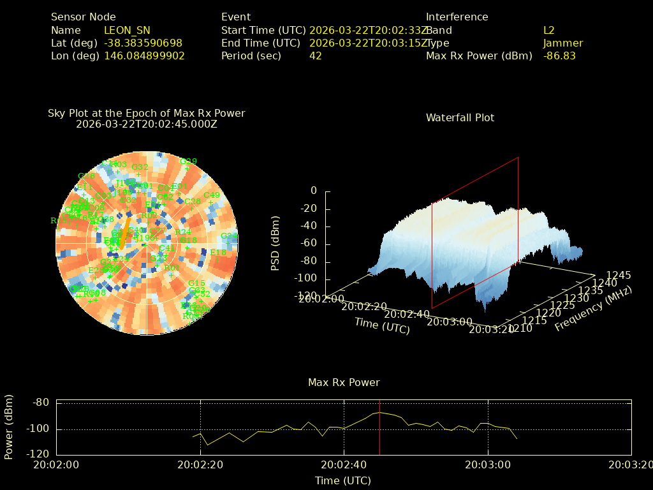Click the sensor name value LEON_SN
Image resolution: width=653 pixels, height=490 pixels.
(127, 30)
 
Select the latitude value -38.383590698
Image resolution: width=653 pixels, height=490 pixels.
(143, 43)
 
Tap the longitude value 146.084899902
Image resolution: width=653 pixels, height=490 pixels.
(144, 56)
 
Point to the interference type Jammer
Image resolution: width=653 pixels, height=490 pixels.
(563, 43)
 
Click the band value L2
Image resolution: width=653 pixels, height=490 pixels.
(549, 30)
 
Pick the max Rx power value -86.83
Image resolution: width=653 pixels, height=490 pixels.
(559, 56)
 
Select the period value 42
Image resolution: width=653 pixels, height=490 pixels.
(316, 56)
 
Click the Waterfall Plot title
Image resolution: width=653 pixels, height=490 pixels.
(460, 117)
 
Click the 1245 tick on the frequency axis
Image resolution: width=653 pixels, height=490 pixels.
(619, 275)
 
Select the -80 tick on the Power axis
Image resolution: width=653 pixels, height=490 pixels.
(41, 403)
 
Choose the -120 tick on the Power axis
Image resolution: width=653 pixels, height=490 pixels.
(39, 454)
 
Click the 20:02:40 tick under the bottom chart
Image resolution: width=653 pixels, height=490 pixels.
(344, 464)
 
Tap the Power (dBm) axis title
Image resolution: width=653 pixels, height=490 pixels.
(9, 425)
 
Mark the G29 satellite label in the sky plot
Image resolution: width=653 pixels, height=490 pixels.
(188, 161)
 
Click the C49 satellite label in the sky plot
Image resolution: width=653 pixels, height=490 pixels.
(211, 195)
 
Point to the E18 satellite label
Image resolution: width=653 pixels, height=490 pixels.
(217, 253)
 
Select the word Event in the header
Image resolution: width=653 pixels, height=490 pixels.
(236, 17)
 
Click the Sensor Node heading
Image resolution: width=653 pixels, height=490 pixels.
(84, 17)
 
